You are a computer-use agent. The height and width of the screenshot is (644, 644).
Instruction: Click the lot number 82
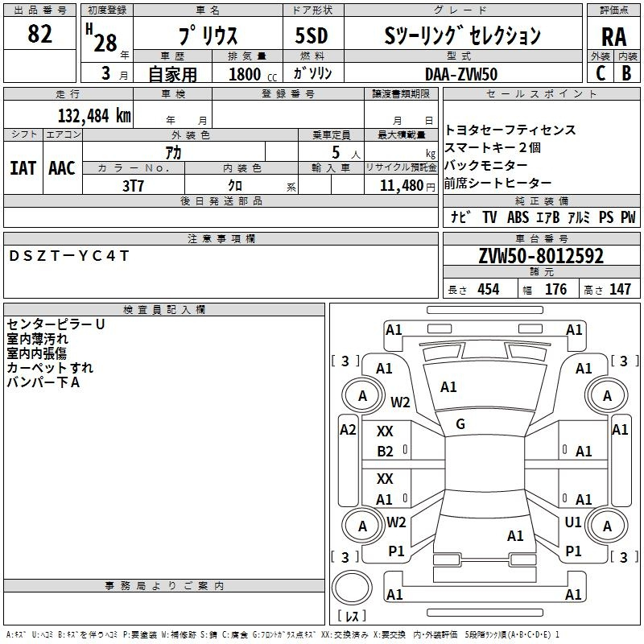coord(39,34)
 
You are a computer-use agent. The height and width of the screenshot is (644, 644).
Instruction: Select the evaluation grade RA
coord(613,37)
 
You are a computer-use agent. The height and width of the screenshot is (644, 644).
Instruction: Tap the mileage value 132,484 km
coord(94,115)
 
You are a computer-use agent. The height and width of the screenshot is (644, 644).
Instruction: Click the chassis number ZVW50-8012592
coord(541,256)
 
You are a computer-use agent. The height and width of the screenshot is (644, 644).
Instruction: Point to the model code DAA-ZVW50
coord(461,74)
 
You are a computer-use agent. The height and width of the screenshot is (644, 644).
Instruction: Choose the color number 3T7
coord(133,186)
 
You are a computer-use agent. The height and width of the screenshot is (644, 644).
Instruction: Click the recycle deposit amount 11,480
coord(402,186)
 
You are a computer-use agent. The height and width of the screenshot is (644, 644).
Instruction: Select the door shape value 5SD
coord(312,35)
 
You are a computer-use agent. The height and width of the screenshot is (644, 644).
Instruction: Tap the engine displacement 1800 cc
coord(253,74)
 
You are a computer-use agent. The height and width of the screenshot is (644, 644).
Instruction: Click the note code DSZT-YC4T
coord(68,256)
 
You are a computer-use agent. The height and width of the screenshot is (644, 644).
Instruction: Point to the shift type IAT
coord(23,168)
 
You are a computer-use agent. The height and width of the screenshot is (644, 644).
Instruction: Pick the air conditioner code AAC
coord(62,168)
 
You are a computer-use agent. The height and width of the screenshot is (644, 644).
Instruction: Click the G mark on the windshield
coord(460,424)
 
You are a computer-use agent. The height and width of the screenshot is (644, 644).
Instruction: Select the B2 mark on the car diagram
coord(385,452)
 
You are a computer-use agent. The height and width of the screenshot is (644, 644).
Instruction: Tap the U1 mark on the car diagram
coord(573,522)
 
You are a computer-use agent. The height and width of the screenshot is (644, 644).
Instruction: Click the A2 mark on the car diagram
coord(348,430)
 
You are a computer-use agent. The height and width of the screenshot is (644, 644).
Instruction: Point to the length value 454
coord(489,289)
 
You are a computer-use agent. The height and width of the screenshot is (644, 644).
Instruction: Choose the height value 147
coord(620,289)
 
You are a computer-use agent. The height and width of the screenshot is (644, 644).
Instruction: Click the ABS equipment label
coord(518,217)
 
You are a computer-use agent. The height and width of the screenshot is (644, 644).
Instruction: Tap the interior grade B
coord(626,73)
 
